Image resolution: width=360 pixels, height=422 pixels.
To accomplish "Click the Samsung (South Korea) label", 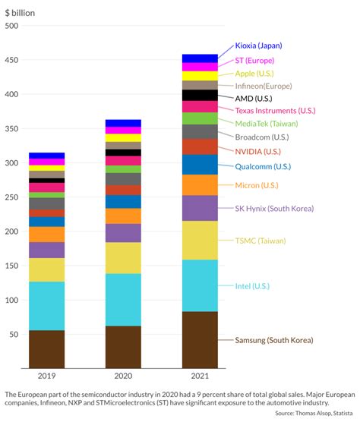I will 274,340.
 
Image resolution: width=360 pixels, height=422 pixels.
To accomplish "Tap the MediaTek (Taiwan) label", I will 267,124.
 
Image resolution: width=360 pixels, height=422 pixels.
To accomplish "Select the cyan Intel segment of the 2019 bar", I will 46,306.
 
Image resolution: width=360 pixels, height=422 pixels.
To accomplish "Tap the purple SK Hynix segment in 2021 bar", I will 199,208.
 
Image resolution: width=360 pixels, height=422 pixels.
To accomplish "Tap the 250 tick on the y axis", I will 11,197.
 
